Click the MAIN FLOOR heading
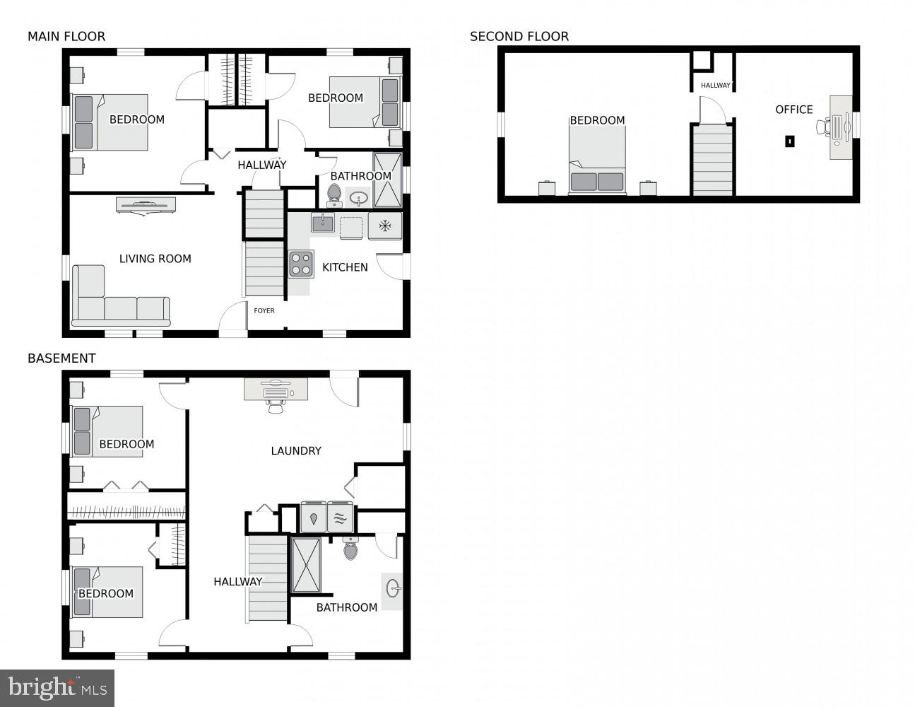tap(66, 36)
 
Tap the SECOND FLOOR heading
tap(519, 36)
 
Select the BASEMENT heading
tap(61, 358)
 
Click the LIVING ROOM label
tap(155, 259)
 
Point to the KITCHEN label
tap(345, 267)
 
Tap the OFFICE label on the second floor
tap(794, 110)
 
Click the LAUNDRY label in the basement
tap(296, 450)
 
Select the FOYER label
tap(264, 310)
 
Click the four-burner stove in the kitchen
tap(300, 264)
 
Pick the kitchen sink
tap(323, 223)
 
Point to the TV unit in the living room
tap(146, 204)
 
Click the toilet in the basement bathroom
tap(350, 548)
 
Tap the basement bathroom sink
tap(393, 588)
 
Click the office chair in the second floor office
tap(823, 128)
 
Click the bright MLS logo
tap(57, 687)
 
